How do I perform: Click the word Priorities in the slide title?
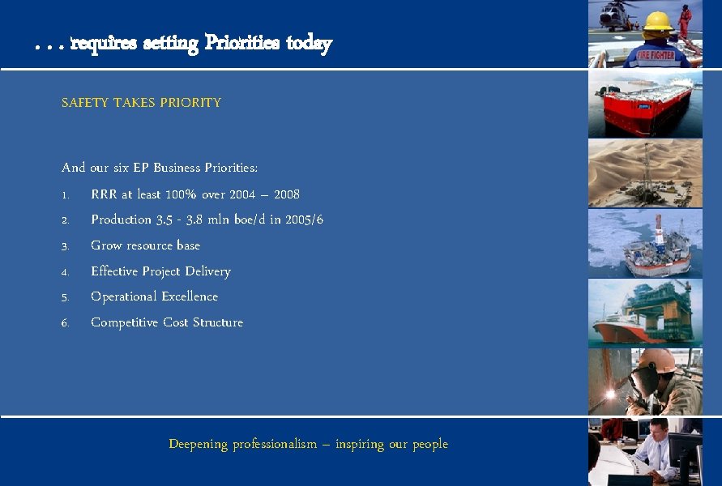(x=241, y=43)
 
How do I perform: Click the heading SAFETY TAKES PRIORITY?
(x=141, y=103)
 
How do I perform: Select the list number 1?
(x=64, y=194)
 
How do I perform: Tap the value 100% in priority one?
(x=174, y=194)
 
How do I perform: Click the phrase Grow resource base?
(x=145, y=245)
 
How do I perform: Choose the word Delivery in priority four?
(x=207, y=271)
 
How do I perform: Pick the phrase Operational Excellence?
(x=154, y=296)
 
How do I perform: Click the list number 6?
(x=65, y=322)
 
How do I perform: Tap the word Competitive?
(x=125, y=322)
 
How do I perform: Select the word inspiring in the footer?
(x=361, y=444)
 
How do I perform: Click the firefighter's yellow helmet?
(x=657, y=20)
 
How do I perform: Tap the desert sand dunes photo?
(x=645, y=173)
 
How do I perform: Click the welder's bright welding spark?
(x=611, y=394)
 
